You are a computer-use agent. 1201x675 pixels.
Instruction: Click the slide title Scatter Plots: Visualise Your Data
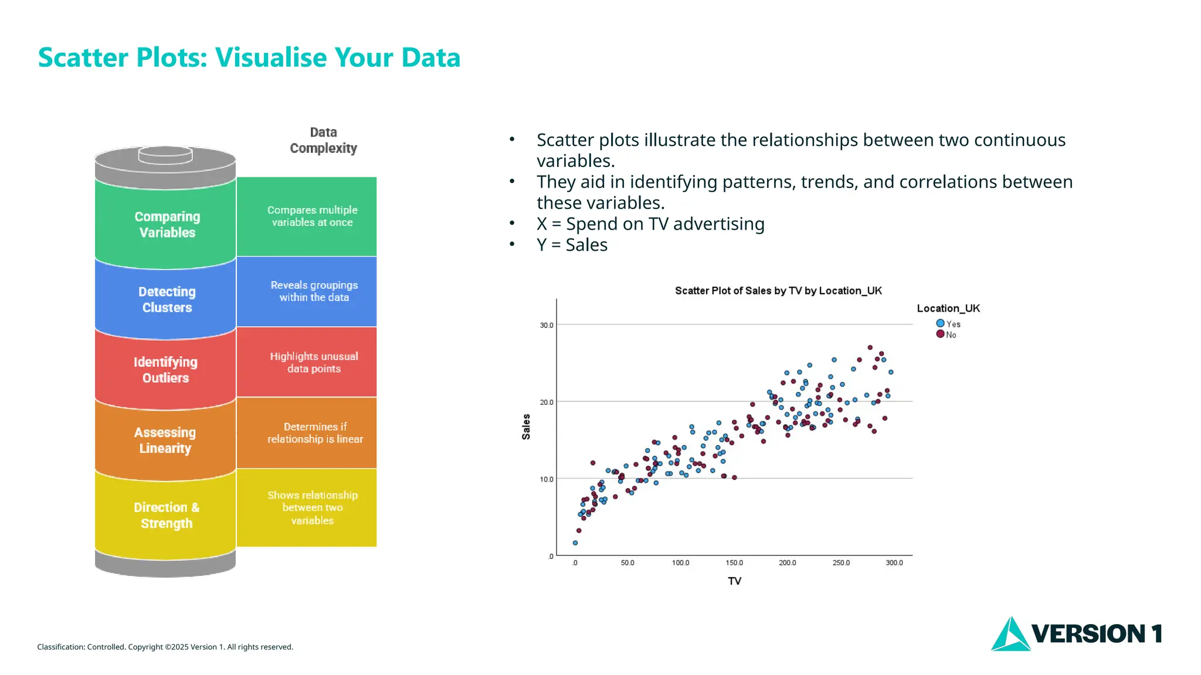coord(249,57)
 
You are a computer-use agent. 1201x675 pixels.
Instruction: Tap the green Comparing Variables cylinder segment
coord(167,224)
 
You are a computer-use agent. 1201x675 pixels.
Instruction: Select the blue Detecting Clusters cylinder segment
coord(167,299)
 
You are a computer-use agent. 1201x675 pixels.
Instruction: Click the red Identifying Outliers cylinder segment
coord(165,370)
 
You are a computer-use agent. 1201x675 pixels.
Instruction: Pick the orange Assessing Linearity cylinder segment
coord(165,440)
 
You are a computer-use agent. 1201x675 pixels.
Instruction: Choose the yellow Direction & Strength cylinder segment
coord(166,515)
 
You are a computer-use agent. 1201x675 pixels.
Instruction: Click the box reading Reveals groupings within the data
coord(314,291)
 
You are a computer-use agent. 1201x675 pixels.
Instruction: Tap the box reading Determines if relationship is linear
coord(315,433)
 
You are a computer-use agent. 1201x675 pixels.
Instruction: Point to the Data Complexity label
coord(323,141)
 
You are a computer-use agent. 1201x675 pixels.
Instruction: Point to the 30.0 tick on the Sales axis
coord(546,325)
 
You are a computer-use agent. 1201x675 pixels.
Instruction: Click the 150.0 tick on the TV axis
coord(734,563)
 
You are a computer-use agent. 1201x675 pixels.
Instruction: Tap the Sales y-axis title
coord(526,427)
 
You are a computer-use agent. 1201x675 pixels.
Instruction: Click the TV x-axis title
coord(734,581)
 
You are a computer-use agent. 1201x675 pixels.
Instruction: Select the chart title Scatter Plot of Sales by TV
coord(778,291)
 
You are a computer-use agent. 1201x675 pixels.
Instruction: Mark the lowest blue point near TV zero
coord(575,543)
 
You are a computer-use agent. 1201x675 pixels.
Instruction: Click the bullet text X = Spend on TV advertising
coord(650,224)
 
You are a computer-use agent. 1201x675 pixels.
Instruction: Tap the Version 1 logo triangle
coord(1010,635)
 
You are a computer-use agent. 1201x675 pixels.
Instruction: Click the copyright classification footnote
coord(165,647)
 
